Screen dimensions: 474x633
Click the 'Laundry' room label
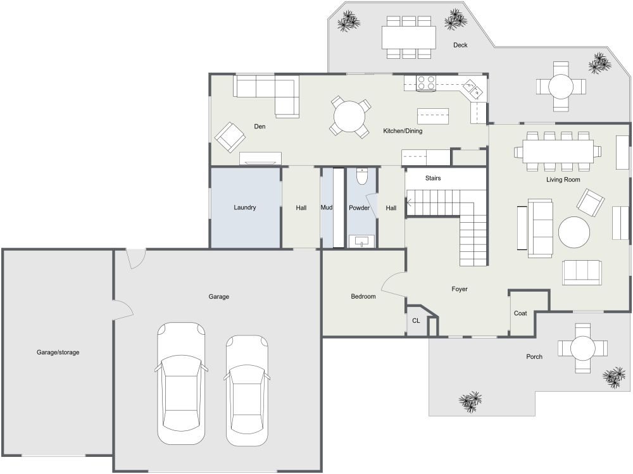(244, 208)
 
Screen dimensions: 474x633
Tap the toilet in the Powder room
(361, 176)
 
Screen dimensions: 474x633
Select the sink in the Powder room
(361, 241)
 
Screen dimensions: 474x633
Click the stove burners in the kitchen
(427, 82)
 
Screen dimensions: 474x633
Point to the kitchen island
(433, 116)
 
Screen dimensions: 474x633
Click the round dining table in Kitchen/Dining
(349, 117)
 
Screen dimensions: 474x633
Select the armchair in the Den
(230, 136)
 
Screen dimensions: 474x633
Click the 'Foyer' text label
(460, 289)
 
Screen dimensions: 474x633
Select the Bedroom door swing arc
(392, 284)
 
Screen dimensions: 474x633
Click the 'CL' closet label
(416, 321)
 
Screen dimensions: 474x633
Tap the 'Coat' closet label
(520, 313)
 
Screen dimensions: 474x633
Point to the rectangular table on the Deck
(409, 37)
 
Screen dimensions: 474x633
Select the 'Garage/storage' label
(58, 352)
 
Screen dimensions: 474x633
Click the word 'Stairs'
(433, 178)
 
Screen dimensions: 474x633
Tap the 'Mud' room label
(327, 208)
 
